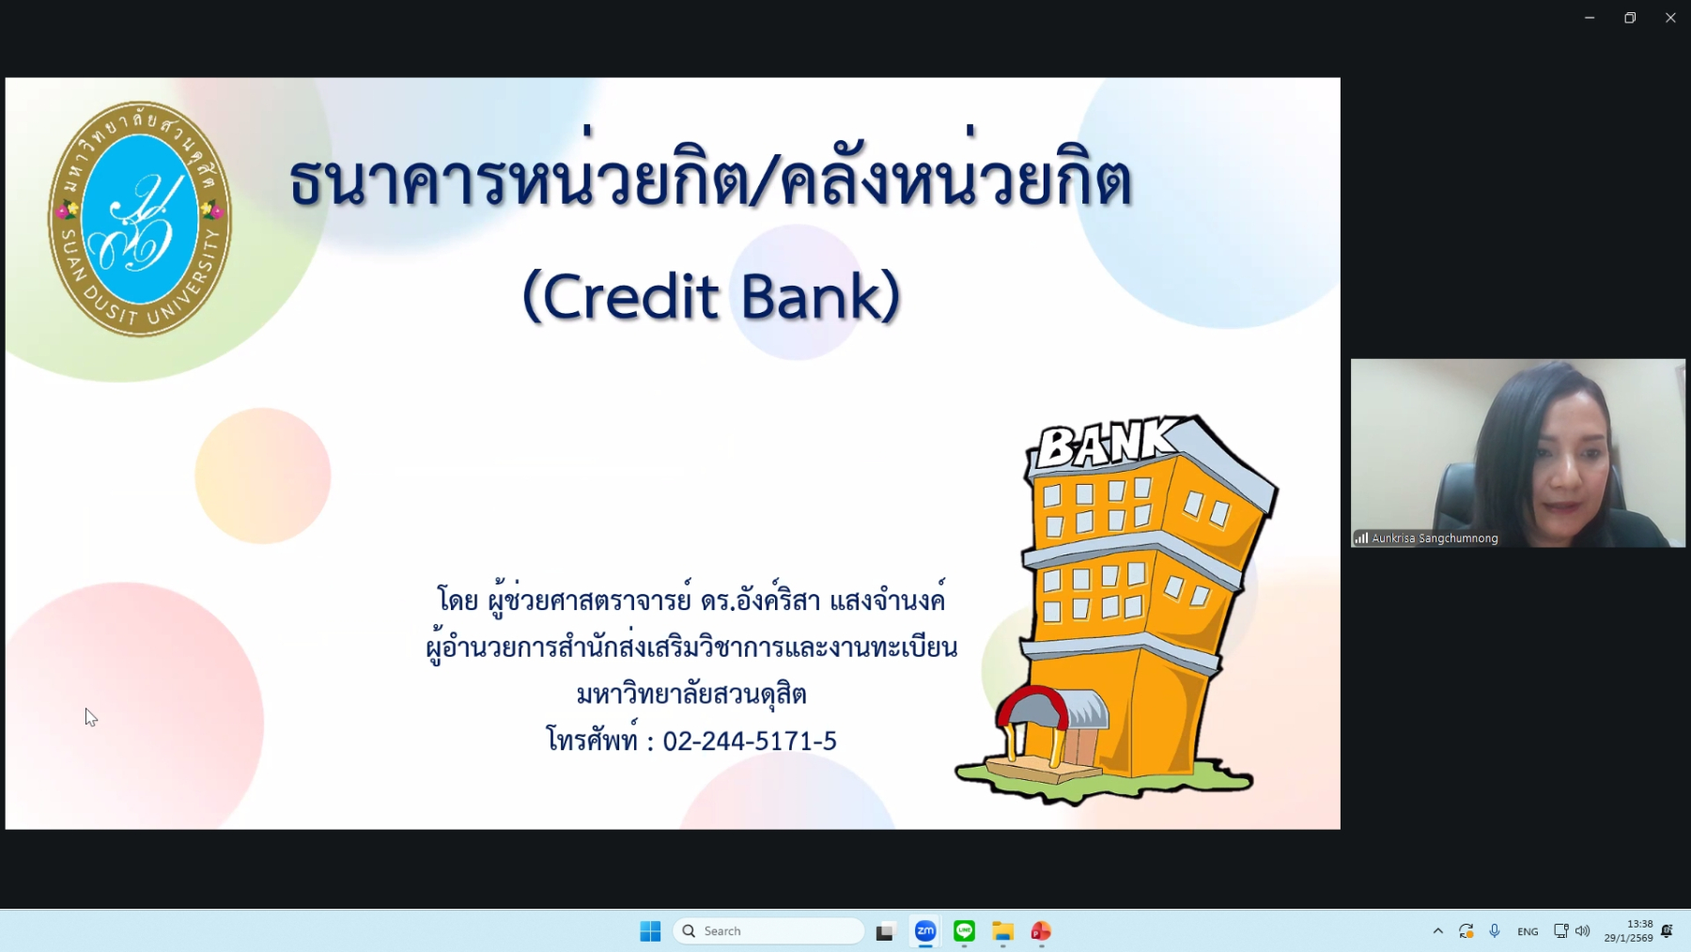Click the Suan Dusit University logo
(140, 218)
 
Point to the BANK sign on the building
(1106, 443)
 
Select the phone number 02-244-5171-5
(750, 741)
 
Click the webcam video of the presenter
(1518, 453)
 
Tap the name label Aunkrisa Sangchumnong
(1435, 538)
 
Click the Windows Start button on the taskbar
(650, 931)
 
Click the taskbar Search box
(768, 931)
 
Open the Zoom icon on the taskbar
(925, 931)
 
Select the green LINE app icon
(964, 931)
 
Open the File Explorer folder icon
(1002, 931)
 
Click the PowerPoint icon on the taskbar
(1041, 931)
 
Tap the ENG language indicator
(1528, 931)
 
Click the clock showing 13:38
(1639, 924)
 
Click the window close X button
(1670, 18)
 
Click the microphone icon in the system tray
(1495, 931)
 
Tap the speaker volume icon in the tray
(1583, 931)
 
